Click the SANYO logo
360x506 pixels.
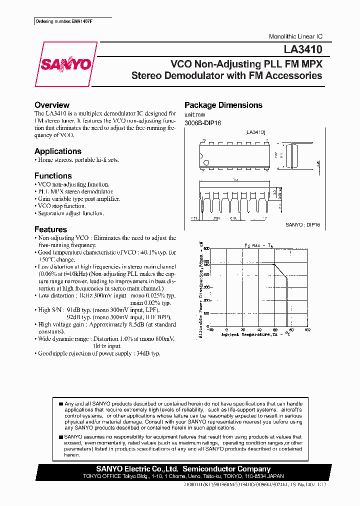pos(65,64)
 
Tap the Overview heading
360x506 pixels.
pos(52,105)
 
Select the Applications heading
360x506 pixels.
pos(58,151)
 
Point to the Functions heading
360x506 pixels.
pos(53,175)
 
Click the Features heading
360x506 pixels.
pos(50,229)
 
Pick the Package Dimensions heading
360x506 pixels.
pos(223,105)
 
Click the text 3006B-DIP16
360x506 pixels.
pos(203,122)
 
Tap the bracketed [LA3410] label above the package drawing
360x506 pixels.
pos(255,132)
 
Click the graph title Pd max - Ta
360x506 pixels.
pos(259,244)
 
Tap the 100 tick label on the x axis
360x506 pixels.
pos(307,330)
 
